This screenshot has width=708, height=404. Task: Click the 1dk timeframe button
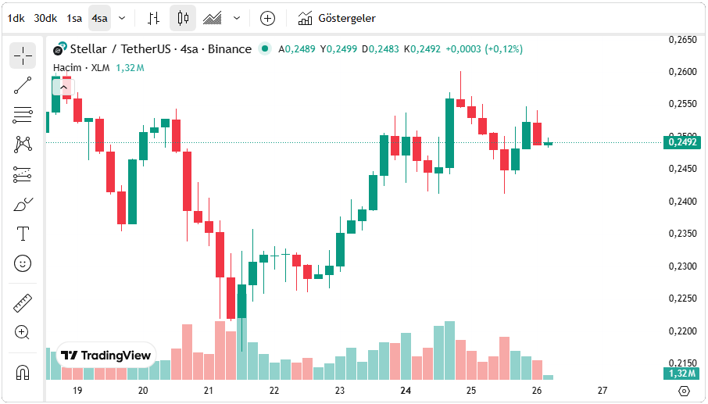coord(16,18)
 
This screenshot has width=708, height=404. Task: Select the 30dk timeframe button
coord(45,18)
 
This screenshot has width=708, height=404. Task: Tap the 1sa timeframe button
coord(74,18)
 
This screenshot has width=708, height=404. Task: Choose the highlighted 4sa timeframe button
coord(99,18)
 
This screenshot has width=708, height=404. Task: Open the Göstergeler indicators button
coord(337,18)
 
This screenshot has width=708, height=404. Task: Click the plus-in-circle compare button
coord(267,18)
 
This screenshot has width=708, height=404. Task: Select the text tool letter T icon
coord(23,234)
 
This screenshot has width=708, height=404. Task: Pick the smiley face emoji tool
coord(23,263)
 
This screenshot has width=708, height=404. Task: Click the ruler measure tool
coord(23,302)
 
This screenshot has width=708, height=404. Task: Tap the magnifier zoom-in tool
coord(23,332)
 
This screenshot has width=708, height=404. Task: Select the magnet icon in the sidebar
coord(23,372)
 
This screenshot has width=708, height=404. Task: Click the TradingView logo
coord(106,356)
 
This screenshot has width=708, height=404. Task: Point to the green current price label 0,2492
coord(682,142)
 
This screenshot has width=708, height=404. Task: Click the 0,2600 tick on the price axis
coord(682,72)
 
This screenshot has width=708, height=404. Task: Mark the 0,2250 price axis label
coord(682,299)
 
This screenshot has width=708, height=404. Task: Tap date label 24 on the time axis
coord(406,390)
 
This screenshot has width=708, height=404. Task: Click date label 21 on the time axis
coord(209,390)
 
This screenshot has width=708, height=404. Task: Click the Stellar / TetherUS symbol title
coord(123,49)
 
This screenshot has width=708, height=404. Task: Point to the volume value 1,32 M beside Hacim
coord(130,67)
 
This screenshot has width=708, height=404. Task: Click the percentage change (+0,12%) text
coord(504,49)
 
